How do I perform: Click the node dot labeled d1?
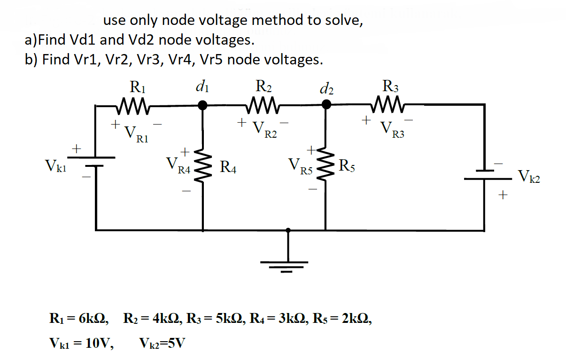coord(202,106)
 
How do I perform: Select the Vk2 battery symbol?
coord(484,174)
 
